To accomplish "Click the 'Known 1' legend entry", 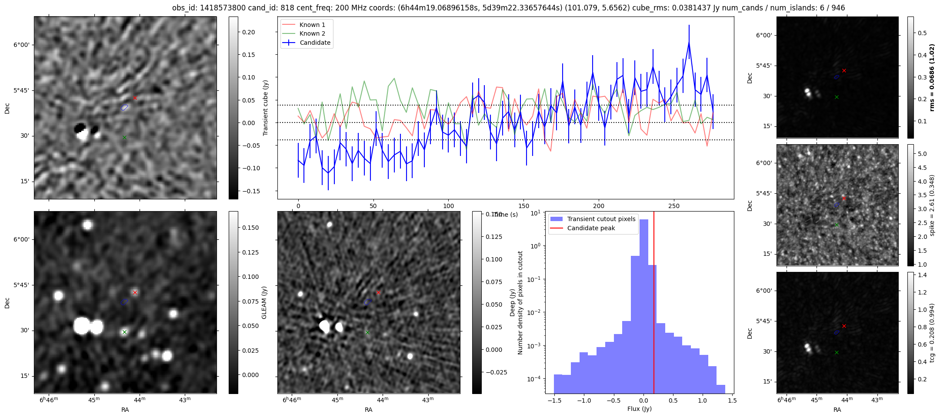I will (312, 25).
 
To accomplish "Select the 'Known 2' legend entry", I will (312, 33).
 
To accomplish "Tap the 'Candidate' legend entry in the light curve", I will (315, 43).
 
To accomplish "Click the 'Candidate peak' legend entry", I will (591, 228).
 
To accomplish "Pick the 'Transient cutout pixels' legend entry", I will (601, 219).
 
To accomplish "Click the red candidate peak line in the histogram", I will (654, 304).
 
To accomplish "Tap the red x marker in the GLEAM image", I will (135, 293).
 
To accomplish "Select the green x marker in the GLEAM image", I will (124, 332).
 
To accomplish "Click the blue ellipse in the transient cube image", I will (125, 107).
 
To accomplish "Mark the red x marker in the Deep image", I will (378, 293).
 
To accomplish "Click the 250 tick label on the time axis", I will (674, 205).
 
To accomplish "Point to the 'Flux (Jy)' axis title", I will (639, 409).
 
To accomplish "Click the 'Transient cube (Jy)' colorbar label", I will (265, 108).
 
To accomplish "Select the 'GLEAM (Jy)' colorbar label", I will (264, 302).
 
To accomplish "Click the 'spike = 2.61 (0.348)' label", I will (931, 205).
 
